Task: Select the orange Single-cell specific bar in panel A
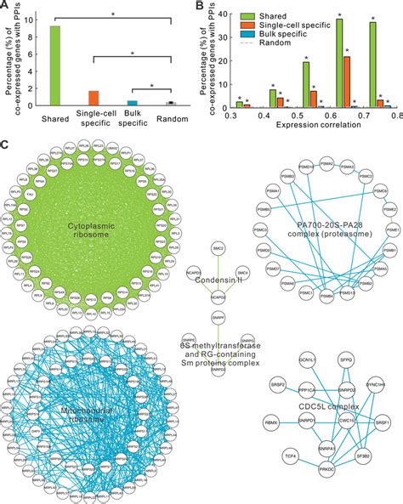94,98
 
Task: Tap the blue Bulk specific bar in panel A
132,103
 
